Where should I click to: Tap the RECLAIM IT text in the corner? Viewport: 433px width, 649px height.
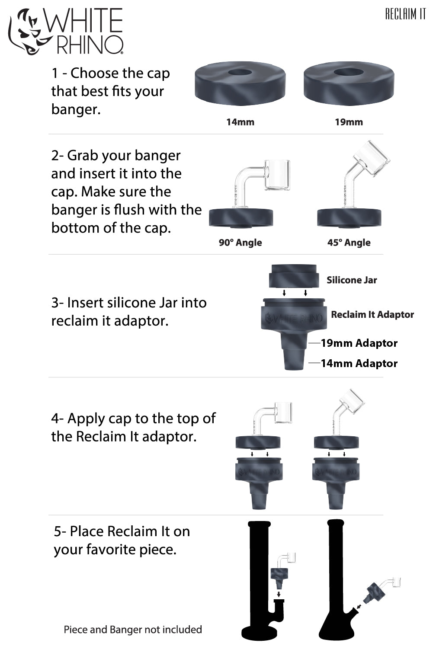(x=405, y=14)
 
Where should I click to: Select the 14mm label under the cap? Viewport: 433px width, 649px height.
(x=240, y=122)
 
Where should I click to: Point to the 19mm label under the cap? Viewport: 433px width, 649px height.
(x=349, y=122)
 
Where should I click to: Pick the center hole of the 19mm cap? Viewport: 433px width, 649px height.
(x=349, y=72)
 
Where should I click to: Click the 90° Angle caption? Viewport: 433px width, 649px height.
(x=240, y=243)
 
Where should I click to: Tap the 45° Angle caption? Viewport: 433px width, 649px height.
(x=349, y=243)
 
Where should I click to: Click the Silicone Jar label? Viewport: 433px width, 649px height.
(x=352, y=280)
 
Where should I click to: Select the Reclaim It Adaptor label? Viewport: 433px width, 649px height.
(x=372, y=315)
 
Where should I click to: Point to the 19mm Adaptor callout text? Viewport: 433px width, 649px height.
(x=359, y=343)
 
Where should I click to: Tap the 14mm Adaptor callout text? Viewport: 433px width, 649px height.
(x=359, y=364)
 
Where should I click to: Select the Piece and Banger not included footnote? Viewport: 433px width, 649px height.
(x=133, y=630)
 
